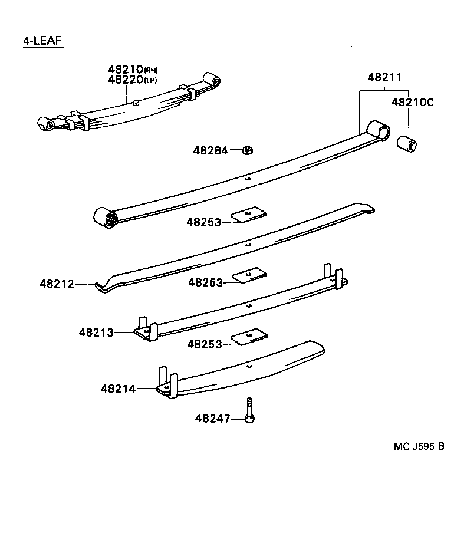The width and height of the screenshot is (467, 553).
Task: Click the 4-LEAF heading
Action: pyautogui.click(x=42, y=41)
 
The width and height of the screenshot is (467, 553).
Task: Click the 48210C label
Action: pyautogui.click(x=412, y=102)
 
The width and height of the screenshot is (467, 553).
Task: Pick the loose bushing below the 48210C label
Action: pyautogui.click(x=407, y=143)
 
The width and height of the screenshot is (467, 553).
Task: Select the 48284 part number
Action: pyautogui.click(x=210, y=150)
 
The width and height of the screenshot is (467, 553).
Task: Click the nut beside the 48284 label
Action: pyautogui.click(x=248, y=150)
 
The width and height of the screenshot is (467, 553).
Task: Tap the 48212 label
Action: pyautogui.click(x=57, y=284)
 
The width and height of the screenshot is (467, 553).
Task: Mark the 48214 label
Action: pyautogui.click(x=118, y=389)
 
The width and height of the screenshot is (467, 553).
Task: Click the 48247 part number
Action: pyautogui.click(x=212, y=419)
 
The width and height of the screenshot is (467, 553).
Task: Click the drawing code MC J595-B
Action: pyautogui.click(x=419, y=446)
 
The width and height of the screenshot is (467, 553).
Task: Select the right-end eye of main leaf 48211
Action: pyautogui.click(x=378, y=131)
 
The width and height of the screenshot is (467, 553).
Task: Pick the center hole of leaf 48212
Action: pyautogui.click(x=248, y=244)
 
